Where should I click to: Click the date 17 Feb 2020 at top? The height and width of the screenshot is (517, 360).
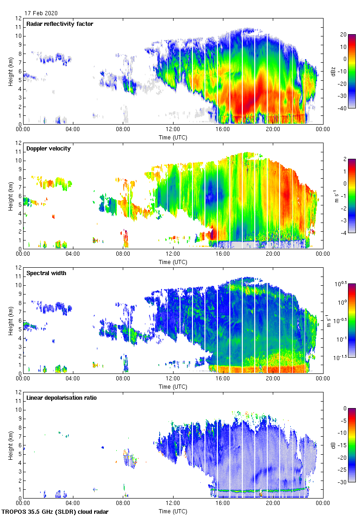click(x=42, y=13)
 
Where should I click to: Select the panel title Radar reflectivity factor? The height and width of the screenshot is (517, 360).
click(x=60, y=24)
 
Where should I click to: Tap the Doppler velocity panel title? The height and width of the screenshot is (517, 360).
click(x=48, y=149)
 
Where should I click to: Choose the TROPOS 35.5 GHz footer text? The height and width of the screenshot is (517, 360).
click(x=55, y=512)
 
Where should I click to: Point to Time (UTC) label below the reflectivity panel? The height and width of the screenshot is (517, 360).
click(x=173, y=138)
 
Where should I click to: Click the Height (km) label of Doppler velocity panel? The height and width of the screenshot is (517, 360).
click(x=11, y=195)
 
